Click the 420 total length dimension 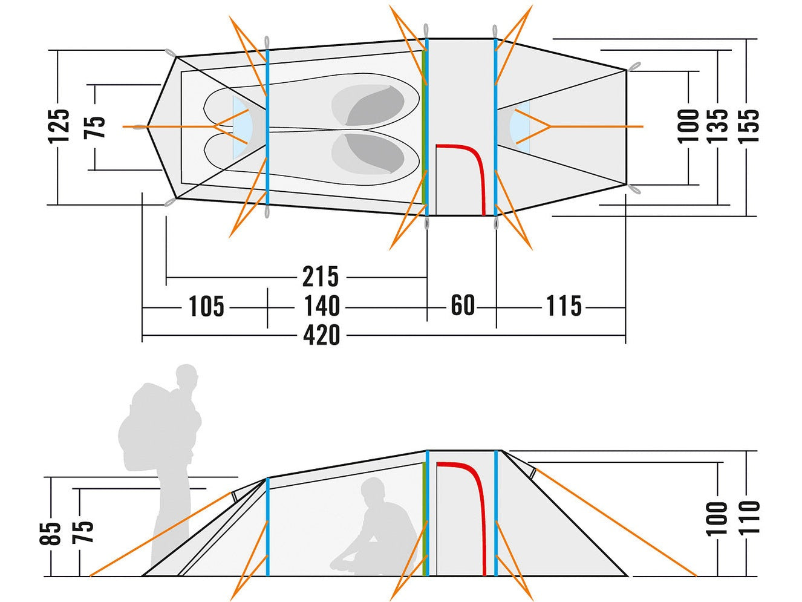pyautogui.click(x=321, y=335)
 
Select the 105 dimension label pyautogui.click(x=206, y=306)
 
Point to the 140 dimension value pyautogui.click(x=321, y=306)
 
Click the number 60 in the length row pyautogui.click(x=463, y=306)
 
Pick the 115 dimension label pyautogui.click(x=564, y=306)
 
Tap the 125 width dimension pyautogui.click(x=60, y=126)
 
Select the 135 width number pyautogui.click(x=719, y=126)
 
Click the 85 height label pyautogui.click(x=54, y=532)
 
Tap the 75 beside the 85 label pyautogui.click(x=85, y=532)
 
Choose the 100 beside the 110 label pyautogui.click(x=718, y=518)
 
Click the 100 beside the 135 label pyautogui.click(x=689, y=126)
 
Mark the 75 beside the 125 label pyautogui.click(x=97, y=126)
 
